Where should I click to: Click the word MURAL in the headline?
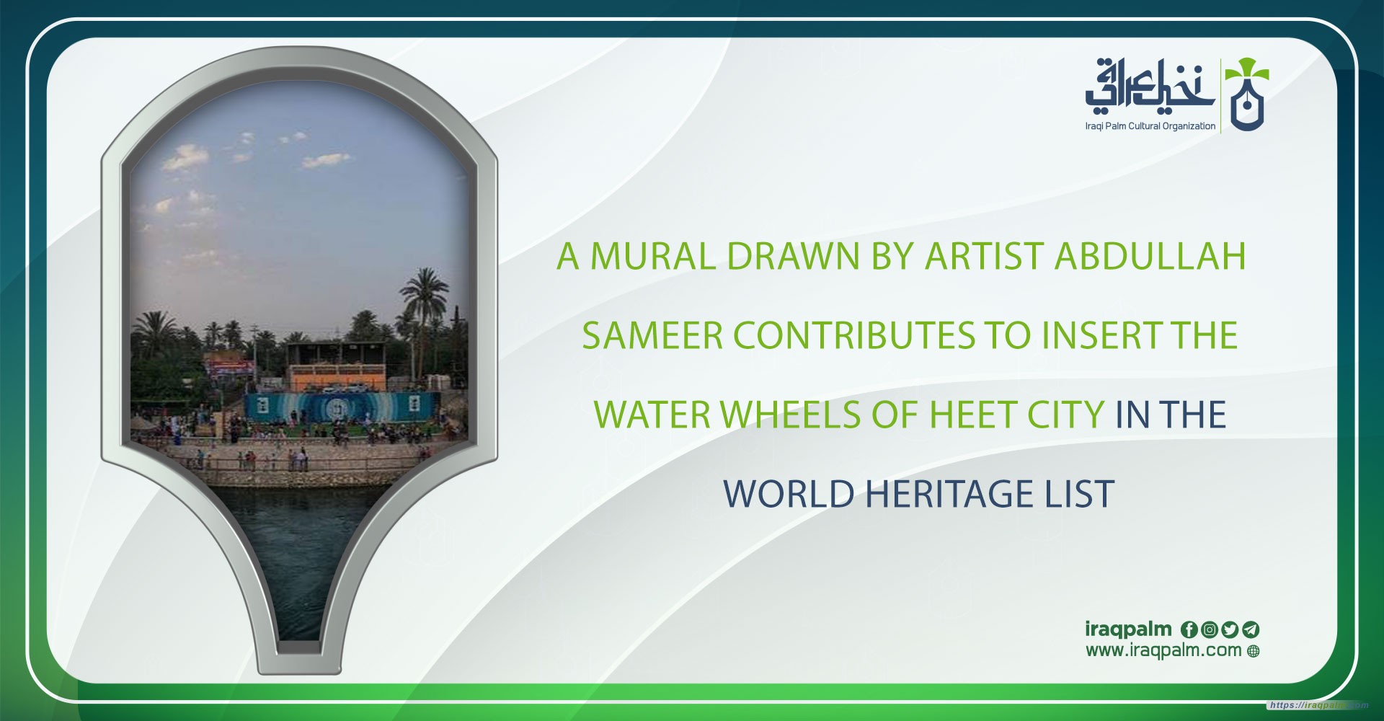coord(653,256)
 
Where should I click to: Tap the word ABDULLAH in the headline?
coord(1150,256)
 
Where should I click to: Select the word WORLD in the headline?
coord(789,494)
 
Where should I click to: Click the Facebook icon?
coord(1189,629)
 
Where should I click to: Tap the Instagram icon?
coord(1210,629)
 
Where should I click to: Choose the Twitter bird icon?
coord(1230,629)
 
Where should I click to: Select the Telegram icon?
coord(1251,629)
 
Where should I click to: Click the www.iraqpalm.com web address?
coord(1163,650)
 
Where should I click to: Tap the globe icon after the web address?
coord(1253,652)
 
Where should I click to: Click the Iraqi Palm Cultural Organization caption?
coord(1150,126)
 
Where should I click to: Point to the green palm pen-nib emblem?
coord(1246,95)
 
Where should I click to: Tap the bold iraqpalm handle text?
coord(1128,629)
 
